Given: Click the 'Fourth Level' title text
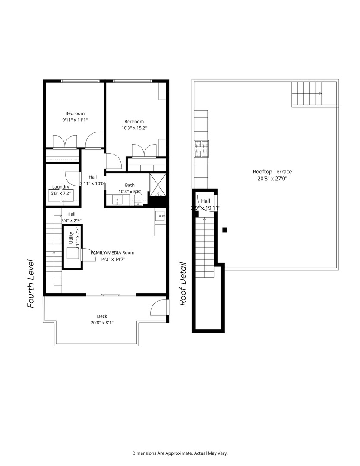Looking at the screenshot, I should [31, 283].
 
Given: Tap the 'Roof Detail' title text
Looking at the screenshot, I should [183, 284].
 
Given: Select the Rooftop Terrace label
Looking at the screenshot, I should [272, 172].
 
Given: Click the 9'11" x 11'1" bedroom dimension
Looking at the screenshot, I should [75, 120].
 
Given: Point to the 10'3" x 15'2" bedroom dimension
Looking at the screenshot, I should [134, 128].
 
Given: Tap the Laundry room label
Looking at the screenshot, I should [61, 187].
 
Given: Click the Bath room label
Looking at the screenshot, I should [129, 185].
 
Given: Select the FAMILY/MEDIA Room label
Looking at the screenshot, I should [112, 253].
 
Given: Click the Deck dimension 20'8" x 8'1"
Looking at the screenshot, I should [102, 323].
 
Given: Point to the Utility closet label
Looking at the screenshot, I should [71, 238].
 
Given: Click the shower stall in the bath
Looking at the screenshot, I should [158, 185].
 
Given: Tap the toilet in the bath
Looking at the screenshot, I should [139, 199].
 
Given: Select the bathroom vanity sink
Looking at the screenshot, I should [118, 200].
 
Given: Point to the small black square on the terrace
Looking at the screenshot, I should [225, 230].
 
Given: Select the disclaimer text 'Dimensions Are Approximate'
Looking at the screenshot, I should [180, 453].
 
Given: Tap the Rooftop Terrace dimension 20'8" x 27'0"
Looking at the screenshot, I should [272, 179].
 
